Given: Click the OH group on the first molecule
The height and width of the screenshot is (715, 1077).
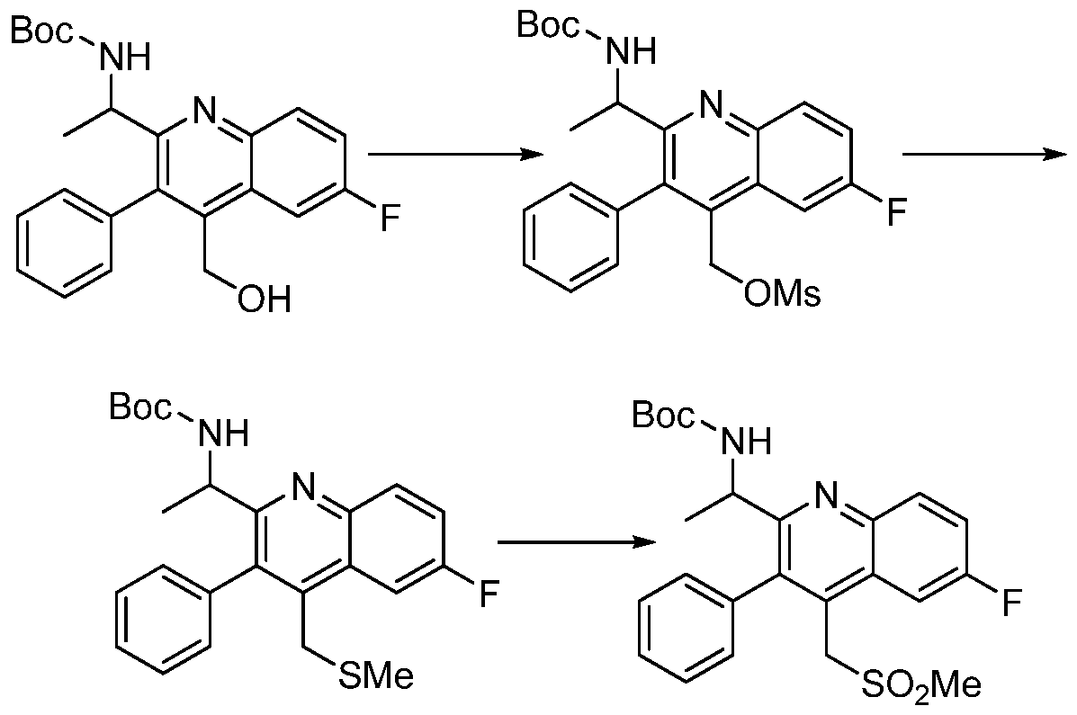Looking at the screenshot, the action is pos(265,299).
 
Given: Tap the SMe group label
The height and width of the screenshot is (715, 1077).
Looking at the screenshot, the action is pos(376,675).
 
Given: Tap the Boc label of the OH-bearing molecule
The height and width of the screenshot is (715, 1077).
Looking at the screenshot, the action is pos(41,31).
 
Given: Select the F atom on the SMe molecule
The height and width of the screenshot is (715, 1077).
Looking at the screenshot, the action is pos(489,594).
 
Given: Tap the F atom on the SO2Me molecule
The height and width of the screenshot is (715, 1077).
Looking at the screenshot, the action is pos(1011,602).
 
